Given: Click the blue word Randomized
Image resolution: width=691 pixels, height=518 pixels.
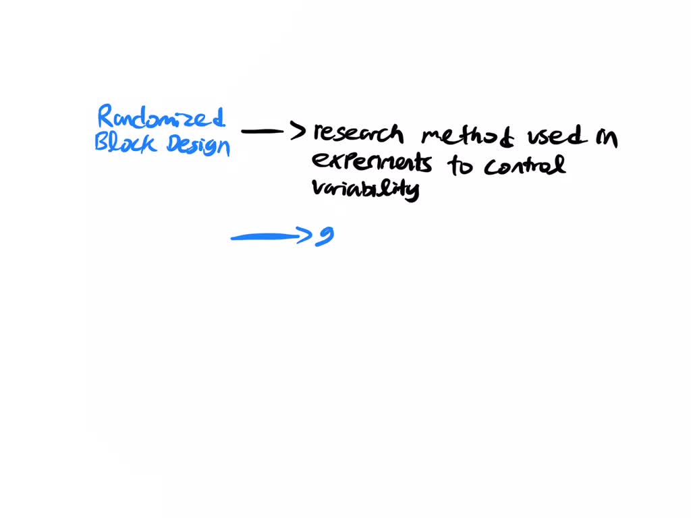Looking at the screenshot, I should [161, 119].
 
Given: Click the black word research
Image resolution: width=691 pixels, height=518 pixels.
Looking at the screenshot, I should [358, 133].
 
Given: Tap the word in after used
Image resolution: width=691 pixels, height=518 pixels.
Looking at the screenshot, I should [605, 138].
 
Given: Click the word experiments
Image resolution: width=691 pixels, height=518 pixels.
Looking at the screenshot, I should [371, 163].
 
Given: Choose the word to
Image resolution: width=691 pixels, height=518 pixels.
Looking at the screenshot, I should [461, 165].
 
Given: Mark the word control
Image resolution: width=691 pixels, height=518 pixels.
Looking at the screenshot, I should [524, 165].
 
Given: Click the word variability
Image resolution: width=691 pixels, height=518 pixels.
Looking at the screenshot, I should [365, 188].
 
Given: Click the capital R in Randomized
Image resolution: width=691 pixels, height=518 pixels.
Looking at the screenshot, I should [105, 117].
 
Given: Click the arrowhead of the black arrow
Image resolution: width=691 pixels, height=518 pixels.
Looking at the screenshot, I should [299, 131].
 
